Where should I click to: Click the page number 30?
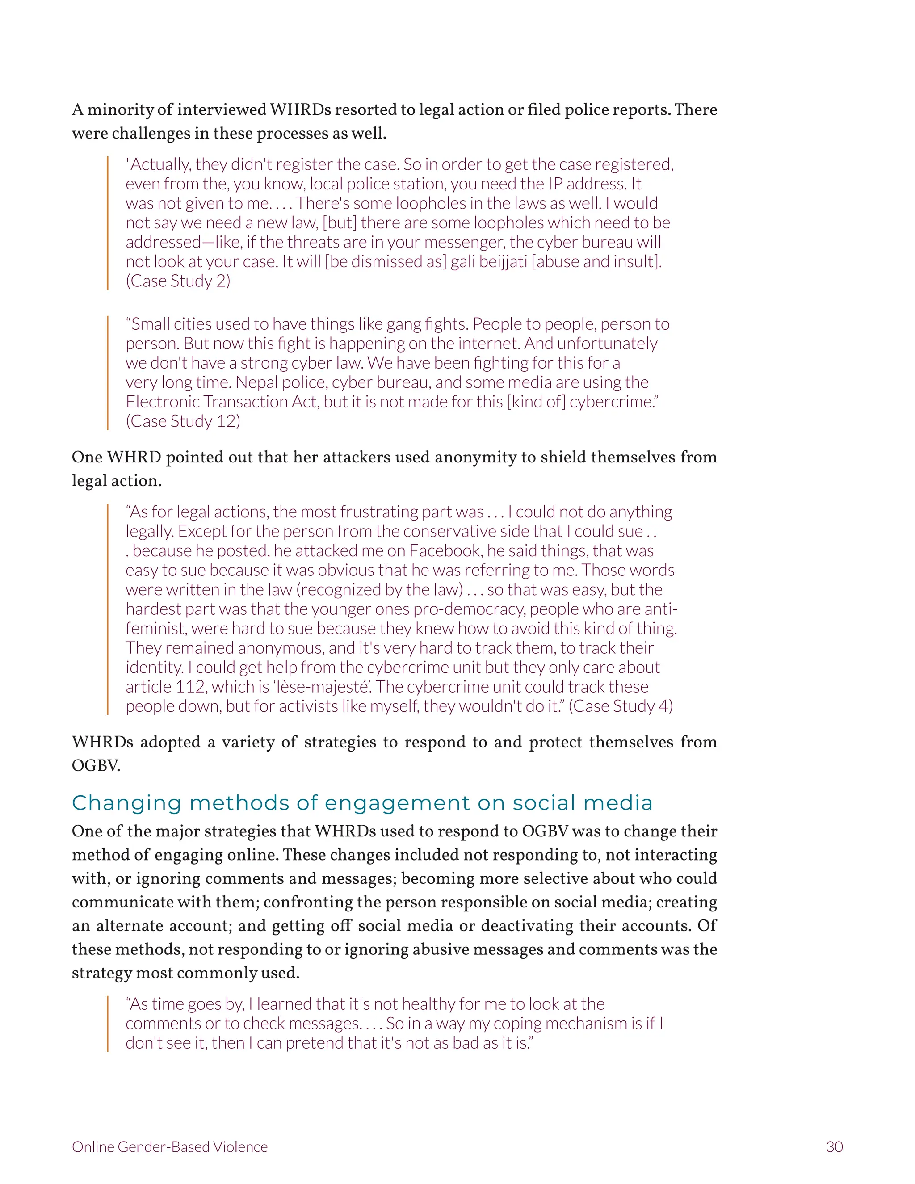point(834,1146)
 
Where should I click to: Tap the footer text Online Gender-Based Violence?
point(170,1146)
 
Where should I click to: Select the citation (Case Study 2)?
point(178,281)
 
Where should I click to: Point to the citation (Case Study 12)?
point(183,421)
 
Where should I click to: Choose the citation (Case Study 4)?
point(621,706)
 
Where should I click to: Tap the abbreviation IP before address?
point(556,184)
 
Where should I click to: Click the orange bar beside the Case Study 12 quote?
point(108,373)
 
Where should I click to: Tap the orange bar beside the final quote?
point(108,1024)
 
